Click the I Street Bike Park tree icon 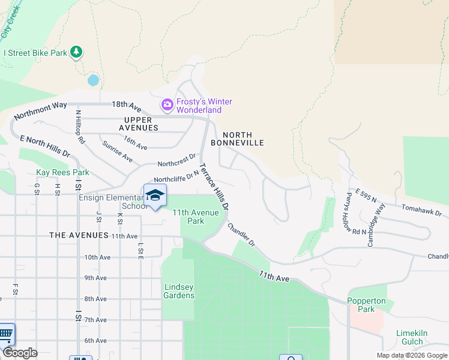point(76,53)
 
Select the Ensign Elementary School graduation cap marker point(155,196)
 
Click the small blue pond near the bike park point(93,80)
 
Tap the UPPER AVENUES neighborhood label point(138,124)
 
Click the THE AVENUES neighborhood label point(79,236)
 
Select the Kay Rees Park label point(62,173)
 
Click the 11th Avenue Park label point(196,217)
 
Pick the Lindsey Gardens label point(179,291)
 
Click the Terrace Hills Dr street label point(214,186)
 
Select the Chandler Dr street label point(241,235)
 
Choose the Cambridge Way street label point(377,224)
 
